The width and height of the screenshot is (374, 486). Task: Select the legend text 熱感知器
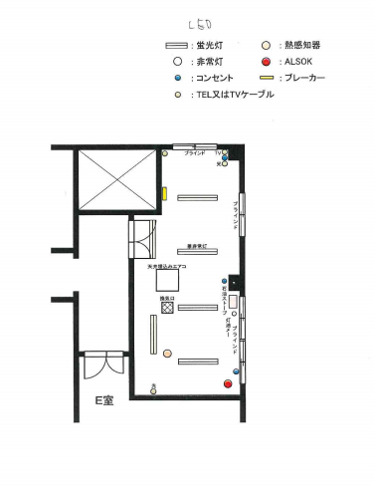(x=300, y=46)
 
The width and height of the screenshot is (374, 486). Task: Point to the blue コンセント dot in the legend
(x=176, y=77)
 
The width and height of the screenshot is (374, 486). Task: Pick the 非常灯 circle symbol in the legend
(x=176, y=61)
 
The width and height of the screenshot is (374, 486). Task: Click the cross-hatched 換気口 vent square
(x=169, y=308)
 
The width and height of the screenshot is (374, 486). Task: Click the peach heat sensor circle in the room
(x=165, y=153)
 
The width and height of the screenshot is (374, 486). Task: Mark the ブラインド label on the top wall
(x=195, y=153)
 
